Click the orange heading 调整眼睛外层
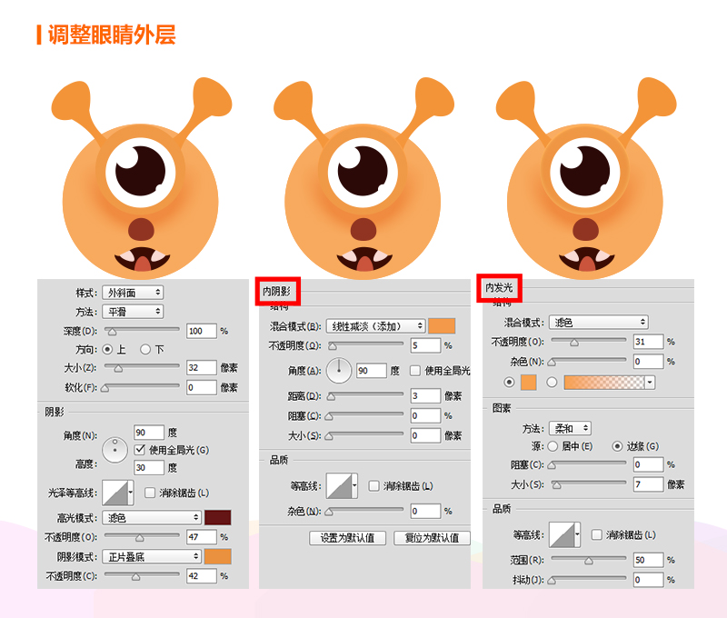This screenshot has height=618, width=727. [112, 35]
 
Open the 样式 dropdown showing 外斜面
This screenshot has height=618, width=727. [133, 293]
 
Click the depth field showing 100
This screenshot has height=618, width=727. [201, 331]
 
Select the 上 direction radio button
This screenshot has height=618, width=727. [107, 349]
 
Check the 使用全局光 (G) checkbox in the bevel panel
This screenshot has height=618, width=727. [140, 450]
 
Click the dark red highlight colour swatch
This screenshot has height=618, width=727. [218, 517]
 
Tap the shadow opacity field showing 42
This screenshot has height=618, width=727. [201, 576]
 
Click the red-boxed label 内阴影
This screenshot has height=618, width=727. [277, 291]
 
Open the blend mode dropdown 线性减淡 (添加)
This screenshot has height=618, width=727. [375, 326]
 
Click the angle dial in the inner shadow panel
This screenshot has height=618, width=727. [339, 371]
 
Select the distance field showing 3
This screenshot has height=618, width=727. [425, 396]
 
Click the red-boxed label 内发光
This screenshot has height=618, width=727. [499, 288]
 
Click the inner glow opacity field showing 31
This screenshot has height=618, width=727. [648, 342]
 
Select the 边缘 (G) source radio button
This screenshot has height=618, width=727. [617, 446]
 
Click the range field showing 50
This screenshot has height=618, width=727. [648, 560]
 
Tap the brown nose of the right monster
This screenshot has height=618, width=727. [585, 229]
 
